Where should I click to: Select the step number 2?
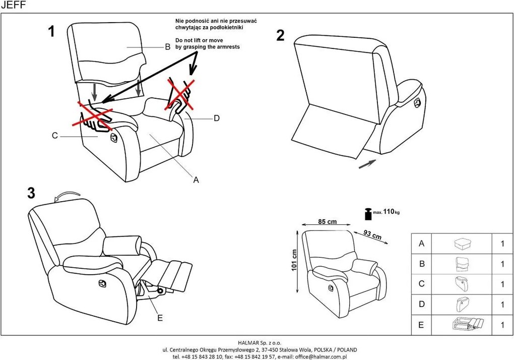pos(281,36)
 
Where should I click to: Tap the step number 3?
pos(31,193)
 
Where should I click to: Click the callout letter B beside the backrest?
pos(168,48)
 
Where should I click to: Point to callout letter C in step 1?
pos(54,135)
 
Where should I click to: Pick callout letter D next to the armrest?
pos(217,118)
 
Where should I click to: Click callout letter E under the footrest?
pos(160,318)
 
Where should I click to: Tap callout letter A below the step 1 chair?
pos(197,179)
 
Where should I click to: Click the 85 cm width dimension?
pos(328,221)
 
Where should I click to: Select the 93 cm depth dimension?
pos(372,234)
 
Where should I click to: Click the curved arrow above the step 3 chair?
pos(67,196)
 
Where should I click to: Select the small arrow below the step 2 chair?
pos(367,164)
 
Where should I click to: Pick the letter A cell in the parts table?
pos(421,244)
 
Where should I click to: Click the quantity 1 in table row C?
pos(502,284)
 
